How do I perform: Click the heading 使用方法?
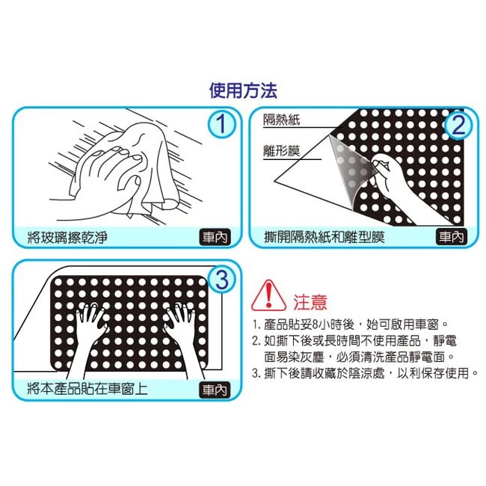pos(243,90)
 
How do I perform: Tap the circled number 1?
pos(221,124)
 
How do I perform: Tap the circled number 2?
pos(459,125)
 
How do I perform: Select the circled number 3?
pos(221,280)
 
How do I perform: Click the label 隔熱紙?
pos(282,120)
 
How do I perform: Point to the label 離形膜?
pos(282,151)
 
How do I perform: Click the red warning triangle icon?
pos(268,295)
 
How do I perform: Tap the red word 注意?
pos(310,302)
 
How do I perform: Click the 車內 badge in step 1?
pos(215,237)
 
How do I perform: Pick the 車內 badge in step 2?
pos(452,237)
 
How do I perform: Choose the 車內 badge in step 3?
pos(215,390)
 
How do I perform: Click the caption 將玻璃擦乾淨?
pos(67,238)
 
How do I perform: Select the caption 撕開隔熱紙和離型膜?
pos(324,238)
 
